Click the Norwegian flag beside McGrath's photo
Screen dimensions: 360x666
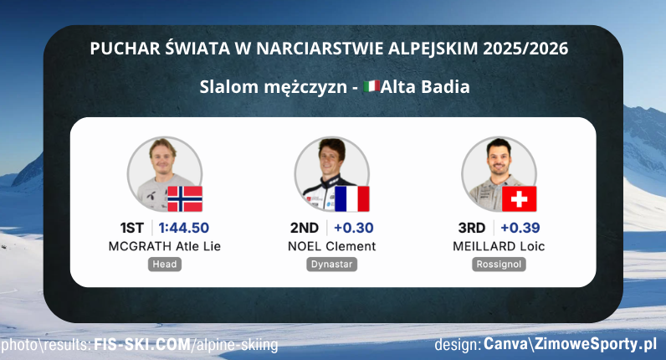[185, 198]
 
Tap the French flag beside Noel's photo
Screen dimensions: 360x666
[352, 198]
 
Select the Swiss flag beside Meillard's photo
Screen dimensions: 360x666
[520, 198]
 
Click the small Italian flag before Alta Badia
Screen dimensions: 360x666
[373, 86]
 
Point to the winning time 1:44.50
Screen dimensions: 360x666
[184, 228]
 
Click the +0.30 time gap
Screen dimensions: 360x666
[353, 228]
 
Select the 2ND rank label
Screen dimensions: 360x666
[305, 228]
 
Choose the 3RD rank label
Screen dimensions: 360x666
[471, 228]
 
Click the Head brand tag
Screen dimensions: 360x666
[165, 265]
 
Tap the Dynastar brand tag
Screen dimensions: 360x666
[332, 265]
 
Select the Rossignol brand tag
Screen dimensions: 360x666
[499, 265]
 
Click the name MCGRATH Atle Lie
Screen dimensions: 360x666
[165, 246]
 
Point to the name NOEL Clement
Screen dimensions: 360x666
[331, 246]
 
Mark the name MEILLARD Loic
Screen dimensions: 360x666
[499, 246]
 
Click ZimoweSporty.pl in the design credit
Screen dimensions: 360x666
[602, 345]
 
